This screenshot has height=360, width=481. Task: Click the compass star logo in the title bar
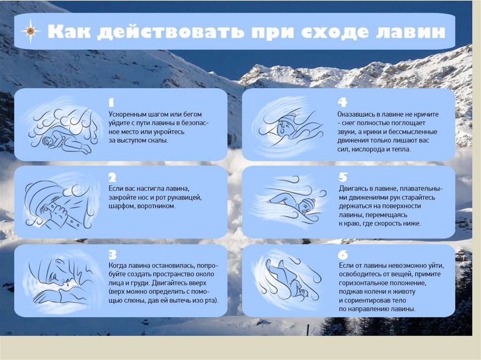pos(31,31)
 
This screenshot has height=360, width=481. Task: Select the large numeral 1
pos(111,102)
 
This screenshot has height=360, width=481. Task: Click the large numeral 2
pos(112,178)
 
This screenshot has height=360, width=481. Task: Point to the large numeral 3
pos(113,255)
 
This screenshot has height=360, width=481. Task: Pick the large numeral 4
pos(342,102)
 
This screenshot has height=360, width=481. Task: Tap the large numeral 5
pos(342,177)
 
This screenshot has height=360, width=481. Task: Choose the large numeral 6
pos(342,255)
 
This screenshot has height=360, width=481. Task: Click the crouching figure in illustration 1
pos(66,141)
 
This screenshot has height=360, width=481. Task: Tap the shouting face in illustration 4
pos(284,126)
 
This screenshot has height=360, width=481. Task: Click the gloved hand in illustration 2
pos(59,212)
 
